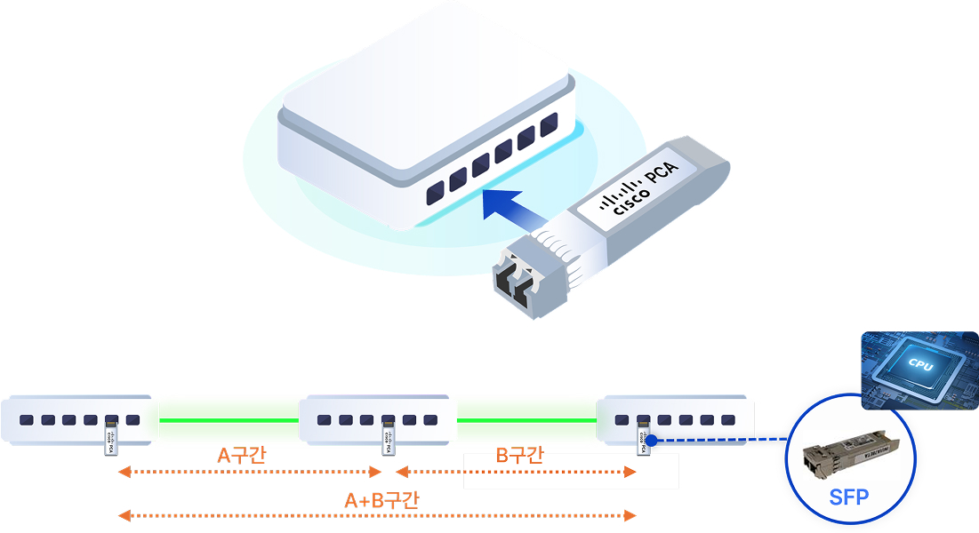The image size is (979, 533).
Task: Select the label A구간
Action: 242,456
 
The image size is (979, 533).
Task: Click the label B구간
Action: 520,456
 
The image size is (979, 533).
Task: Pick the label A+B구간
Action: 381,500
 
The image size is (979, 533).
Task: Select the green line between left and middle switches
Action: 229,419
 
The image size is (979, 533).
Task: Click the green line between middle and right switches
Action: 526,419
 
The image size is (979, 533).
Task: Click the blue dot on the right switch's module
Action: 652,440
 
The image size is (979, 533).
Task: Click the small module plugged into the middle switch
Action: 388,436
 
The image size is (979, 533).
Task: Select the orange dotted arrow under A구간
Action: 250,472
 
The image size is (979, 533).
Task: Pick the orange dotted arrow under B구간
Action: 516,472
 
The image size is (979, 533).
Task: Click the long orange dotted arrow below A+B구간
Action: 377,515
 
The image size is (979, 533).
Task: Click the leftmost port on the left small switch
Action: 27,420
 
